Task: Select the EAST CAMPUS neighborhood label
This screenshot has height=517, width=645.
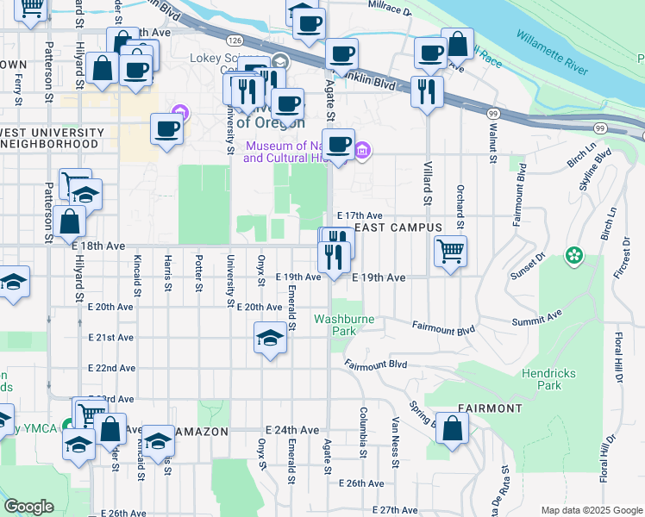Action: [x=398, y=227]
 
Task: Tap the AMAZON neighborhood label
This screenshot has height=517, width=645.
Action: [x=202, y=431]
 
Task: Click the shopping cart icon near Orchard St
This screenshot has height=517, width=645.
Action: [x=450, y=252]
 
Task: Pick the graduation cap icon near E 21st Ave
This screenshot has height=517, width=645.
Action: [x=271, y=337]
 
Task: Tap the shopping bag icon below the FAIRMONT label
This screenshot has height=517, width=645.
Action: [x=453, y=428]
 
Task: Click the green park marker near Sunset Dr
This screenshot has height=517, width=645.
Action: [x=573, y=256]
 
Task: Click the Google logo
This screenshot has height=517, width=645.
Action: [x=28, y=507]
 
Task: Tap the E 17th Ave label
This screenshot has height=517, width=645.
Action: [x=359, y=215]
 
